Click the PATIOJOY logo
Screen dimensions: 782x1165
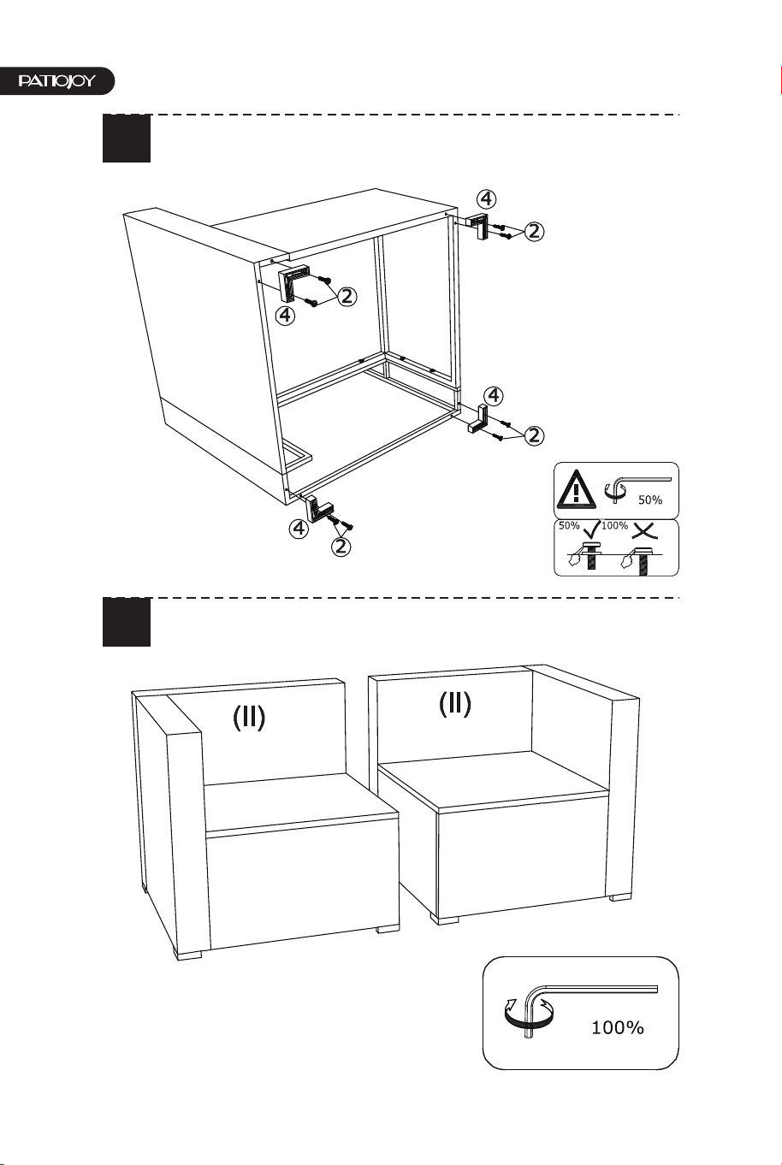[x=56, y=81]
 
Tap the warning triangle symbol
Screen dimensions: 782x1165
[x=576, y=489]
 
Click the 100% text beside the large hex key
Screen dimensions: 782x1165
[x=618, y=1027]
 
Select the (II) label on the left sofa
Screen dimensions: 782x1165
[x=249, y=718]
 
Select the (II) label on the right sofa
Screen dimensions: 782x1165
[x=454, y=704]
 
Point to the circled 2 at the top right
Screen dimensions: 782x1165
[x=534, y=232]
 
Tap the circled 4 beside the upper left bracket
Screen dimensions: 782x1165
[x=285, y=315]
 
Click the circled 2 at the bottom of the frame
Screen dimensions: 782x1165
[x=341, y=546]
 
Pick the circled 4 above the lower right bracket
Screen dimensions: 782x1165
[x=494, y=396]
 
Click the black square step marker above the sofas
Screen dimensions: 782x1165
[x=127, y=622]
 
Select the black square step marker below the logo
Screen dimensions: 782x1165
[x=127, y=139]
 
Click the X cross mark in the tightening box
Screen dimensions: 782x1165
[x=645, y=530]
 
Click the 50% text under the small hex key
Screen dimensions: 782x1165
[x=650, y=500]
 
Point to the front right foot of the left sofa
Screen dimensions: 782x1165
[x=388, y=927]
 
